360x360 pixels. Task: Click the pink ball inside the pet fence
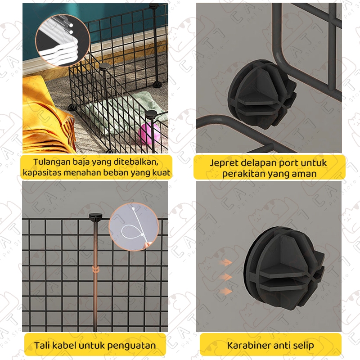[x=149, y=133]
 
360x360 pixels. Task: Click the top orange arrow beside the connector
[x=225, y=262]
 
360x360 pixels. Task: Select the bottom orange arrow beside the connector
[x=225, y=292]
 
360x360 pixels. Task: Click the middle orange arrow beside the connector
[x=225, y=277]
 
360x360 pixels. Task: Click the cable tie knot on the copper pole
[x=95, y=269]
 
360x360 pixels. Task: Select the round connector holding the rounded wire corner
[x=262, y=94]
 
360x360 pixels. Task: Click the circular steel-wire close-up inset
[x=63, y=40]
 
